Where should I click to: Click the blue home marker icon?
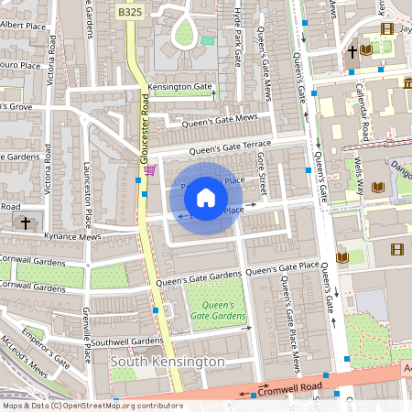coord(206,198)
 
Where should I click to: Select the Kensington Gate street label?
coord(179,88)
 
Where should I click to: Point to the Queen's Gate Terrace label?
coord(231,146)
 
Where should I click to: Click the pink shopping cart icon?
coord(149,169)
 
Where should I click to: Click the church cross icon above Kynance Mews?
coord(26,222)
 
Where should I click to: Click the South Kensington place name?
coord(167,362)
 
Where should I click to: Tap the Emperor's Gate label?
coord(45,347)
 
